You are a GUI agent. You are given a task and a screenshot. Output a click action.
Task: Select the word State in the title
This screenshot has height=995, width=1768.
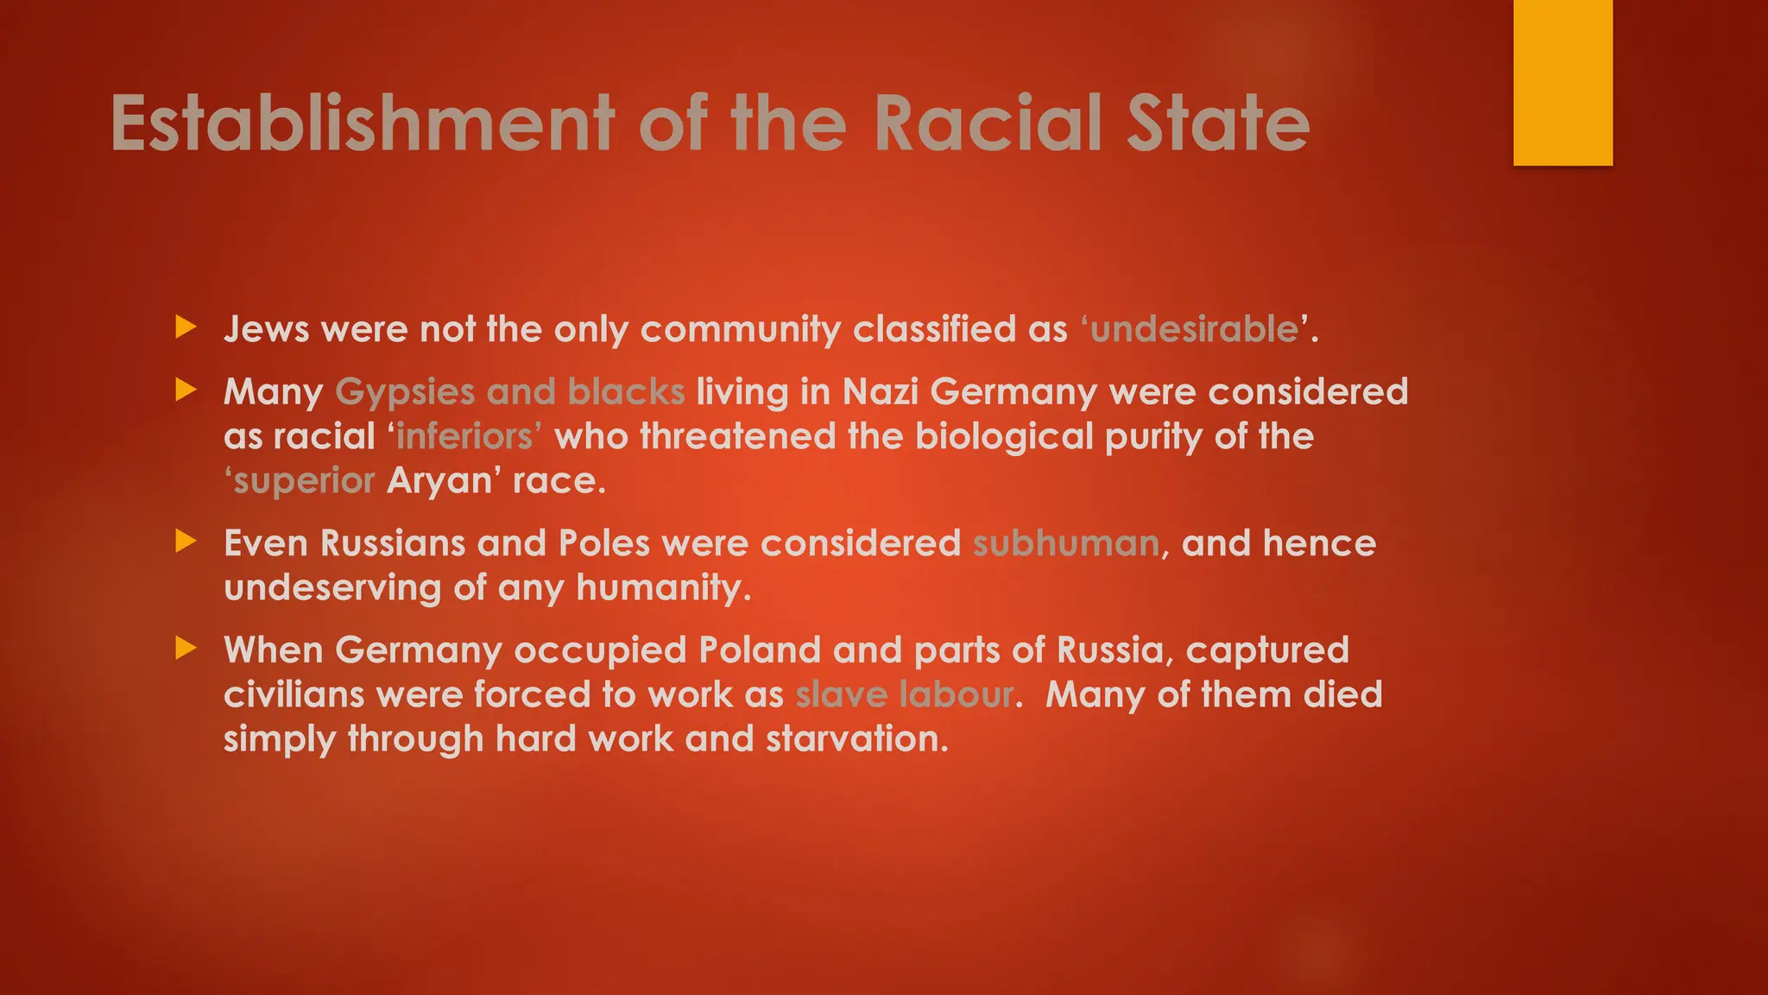pos(1218,123)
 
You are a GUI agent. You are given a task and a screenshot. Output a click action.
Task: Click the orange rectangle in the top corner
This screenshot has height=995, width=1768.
pos(1563,82)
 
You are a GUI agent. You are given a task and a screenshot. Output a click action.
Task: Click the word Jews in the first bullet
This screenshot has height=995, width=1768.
pos(266,329)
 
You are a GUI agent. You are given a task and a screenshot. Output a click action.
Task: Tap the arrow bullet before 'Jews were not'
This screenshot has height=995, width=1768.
pos(186,327)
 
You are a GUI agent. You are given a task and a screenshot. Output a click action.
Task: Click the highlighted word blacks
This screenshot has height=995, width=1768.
pos(626,392)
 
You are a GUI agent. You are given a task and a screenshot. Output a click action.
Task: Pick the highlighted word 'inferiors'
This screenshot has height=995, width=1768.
pos(465,436)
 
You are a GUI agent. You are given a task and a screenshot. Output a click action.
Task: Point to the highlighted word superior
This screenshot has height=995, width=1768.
pos(303,481)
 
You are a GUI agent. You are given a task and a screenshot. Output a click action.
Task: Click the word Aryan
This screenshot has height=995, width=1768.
pos(439,481)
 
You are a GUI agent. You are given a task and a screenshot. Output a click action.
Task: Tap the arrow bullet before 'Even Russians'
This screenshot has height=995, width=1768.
pos(186,542)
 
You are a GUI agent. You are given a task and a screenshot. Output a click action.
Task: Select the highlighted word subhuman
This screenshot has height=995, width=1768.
pos(1066,543)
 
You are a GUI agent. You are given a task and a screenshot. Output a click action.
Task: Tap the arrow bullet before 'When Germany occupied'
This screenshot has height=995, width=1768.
pos(186,648)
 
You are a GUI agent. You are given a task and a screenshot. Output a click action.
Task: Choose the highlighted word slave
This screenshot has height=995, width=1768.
pos(841,694)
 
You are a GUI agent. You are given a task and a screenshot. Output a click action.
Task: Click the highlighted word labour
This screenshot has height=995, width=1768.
pos(957,694)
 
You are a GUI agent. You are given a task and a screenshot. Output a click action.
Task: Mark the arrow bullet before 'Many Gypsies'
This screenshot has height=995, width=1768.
pos(186,390)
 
